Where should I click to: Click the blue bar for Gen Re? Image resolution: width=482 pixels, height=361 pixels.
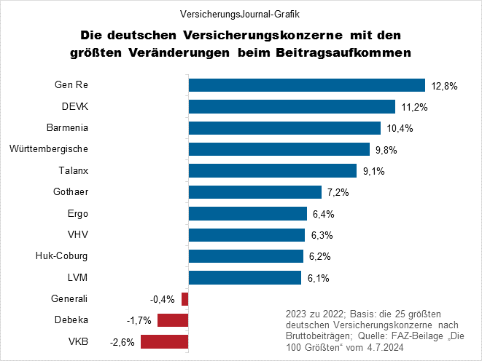306,85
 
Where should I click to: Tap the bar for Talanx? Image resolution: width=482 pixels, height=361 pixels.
272,171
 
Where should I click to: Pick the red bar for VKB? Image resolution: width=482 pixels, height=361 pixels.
164,341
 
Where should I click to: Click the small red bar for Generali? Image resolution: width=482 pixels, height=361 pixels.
185,298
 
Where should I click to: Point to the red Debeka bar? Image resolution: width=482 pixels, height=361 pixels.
172,320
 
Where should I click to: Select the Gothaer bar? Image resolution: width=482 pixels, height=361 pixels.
254,192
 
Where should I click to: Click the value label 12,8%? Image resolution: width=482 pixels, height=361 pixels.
444,86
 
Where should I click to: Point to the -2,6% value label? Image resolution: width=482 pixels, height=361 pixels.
122,342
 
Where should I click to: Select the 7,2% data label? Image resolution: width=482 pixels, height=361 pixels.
339,193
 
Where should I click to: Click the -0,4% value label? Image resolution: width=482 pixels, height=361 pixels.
163,299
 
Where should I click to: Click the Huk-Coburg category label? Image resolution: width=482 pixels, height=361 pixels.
62,255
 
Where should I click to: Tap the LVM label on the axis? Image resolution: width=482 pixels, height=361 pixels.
77,277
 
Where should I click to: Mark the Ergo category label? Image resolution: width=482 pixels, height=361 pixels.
77,213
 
